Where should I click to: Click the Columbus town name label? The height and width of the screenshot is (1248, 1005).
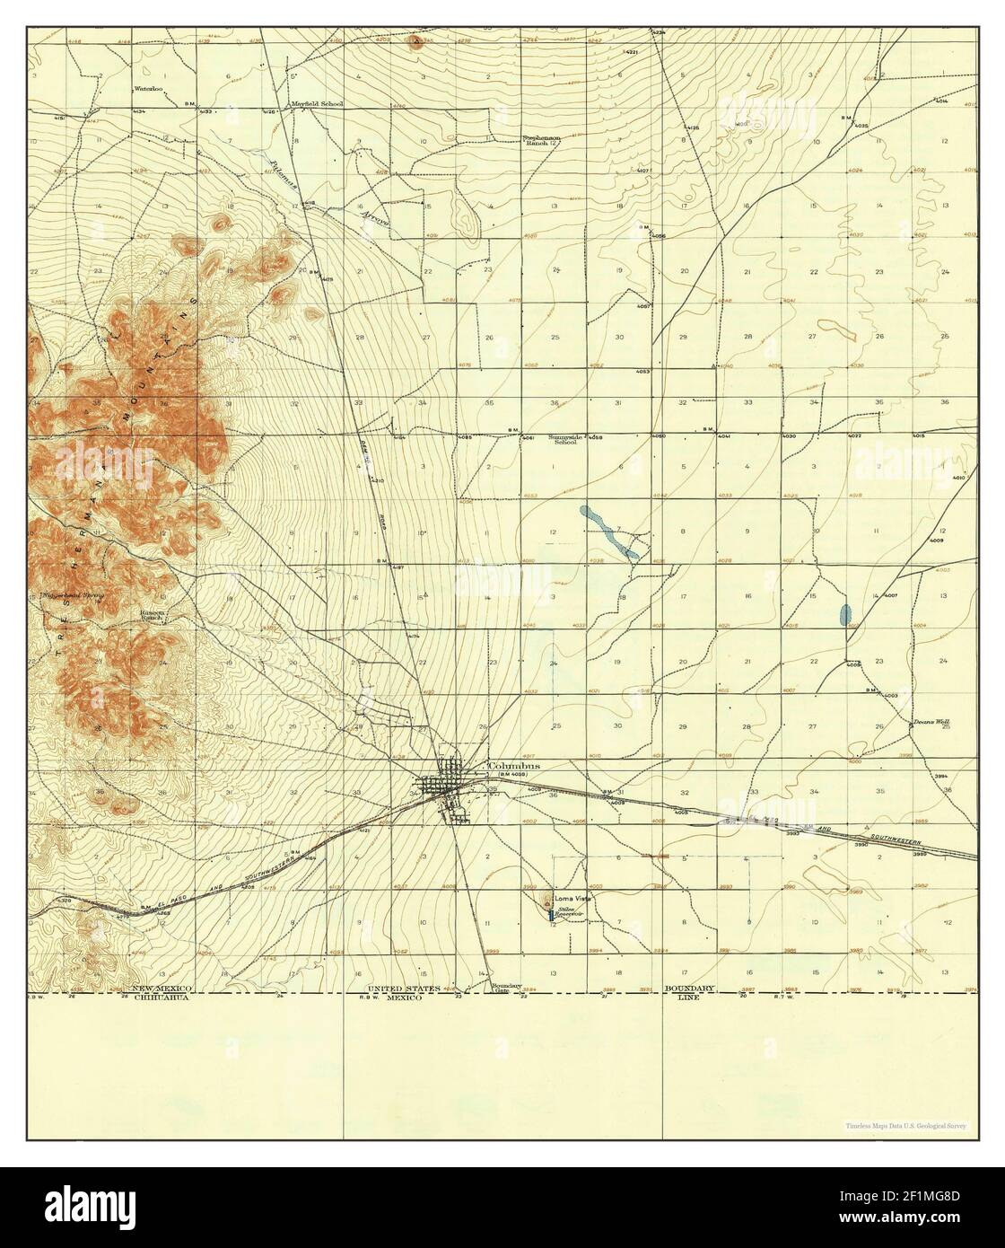click(x=514, y=767)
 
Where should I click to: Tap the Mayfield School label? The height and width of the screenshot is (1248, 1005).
click(x=317, y=104)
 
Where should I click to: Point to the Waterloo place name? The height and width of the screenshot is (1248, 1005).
click(x=147, y=89)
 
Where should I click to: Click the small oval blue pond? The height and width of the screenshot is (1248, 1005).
click(x=844, y=615)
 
